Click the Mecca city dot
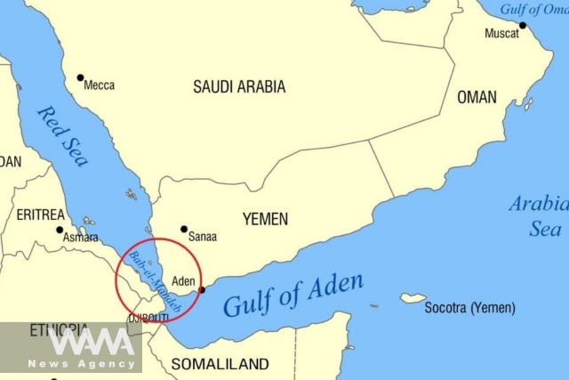81,77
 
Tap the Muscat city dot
523,25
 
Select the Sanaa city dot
184,229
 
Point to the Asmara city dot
60,230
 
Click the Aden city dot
203,289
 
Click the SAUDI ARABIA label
239,86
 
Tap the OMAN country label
477,97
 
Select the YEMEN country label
265,219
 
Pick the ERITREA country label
40,214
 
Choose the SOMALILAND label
220,364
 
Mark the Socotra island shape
413,298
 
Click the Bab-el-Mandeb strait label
155,281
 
